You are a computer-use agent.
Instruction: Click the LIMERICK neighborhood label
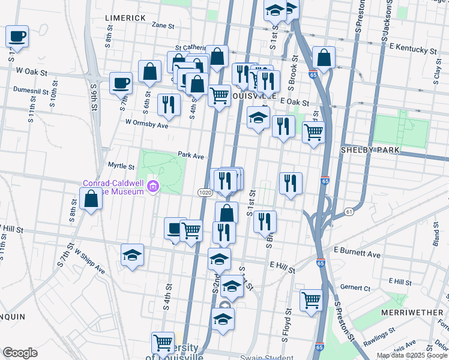[125, 18]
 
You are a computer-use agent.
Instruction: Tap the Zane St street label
[163, 26]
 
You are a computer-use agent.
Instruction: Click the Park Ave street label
[191, 155]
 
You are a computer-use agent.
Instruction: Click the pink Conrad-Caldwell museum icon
[154, 187]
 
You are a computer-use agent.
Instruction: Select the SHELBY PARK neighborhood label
[366, 149]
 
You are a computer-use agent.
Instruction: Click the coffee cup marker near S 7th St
[121, 83]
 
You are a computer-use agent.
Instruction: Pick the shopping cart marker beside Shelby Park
[313, 131]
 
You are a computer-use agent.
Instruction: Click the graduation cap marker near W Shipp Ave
[132, 256]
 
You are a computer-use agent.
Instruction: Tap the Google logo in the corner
[20, 353]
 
